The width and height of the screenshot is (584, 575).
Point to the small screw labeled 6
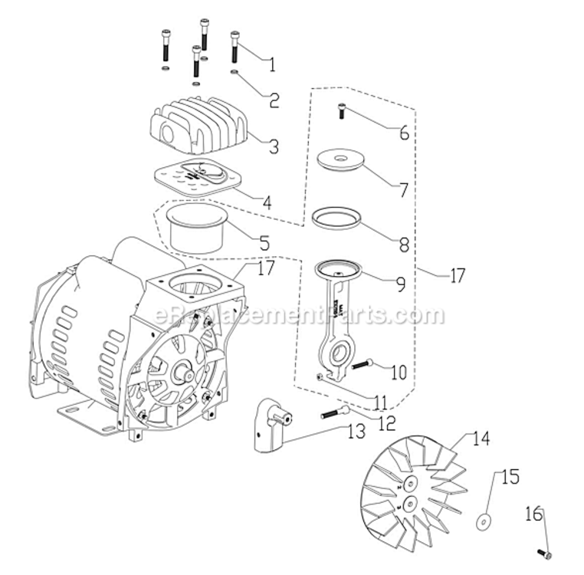(x=342, y=113)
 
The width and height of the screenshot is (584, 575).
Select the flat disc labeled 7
(x=340, y=160)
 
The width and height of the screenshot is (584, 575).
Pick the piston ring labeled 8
(x=338, y=218)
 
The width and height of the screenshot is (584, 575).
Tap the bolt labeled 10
(x=363, y=364)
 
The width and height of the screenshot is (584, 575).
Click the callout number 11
(x=380, y=400)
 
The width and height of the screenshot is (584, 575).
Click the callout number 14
(x=480, y=439)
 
